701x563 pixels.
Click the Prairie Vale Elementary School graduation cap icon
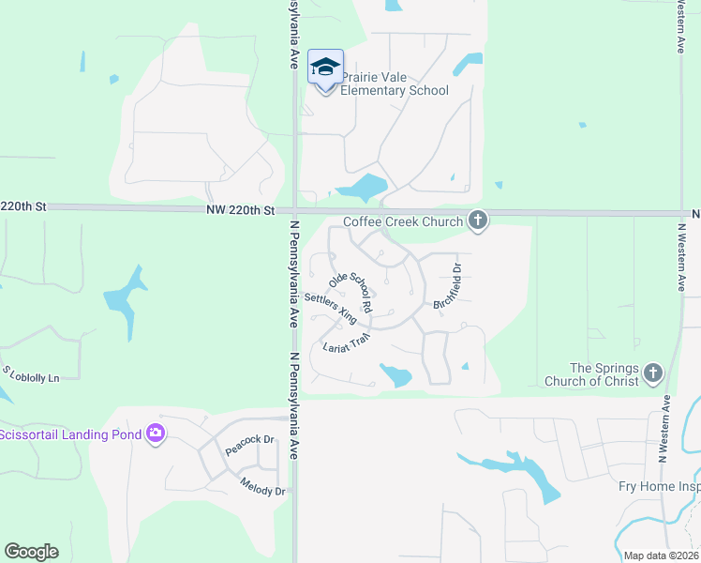click(325, 67)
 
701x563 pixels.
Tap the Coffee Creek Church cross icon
click(478, 221)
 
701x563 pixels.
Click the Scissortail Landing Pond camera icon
click(156, 434)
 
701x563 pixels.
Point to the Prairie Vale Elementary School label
click(395, 84)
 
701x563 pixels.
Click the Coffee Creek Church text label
click(403, 221)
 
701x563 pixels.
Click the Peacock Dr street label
click(248, 445)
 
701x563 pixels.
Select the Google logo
click(31, 552)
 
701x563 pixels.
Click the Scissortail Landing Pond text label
click(70, 434)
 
